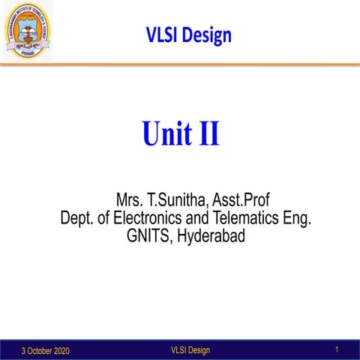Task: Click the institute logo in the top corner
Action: (27, 29)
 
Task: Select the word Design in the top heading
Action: (206, 35)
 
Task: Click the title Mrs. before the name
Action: (130, 201)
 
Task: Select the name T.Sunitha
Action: (179, 201)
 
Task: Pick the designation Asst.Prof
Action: (241, 201)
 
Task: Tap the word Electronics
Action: (149, 219)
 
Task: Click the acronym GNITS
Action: (150, 237)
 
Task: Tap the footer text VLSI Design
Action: (190, 350)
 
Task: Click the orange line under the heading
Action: (180, 65)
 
